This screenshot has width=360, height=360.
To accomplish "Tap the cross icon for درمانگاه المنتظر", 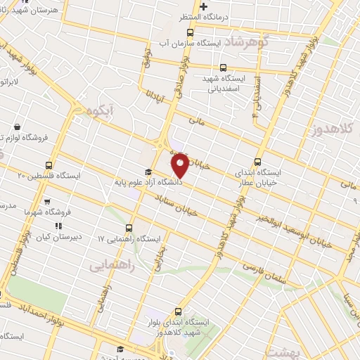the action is click(x=204, y=8).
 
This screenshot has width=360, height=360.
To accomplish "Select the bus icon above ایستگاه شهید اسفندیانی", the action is click(x=223, y=68).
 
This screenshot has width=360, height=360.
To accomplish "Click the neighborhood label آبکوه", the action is click(x=101, y=110).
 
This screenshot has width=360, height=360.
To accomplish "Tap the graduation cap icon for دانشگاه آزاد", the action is click(x=148, y=172).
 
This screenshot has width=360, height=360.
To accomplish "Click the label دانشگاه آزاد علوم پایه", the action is click(x=150, y=182).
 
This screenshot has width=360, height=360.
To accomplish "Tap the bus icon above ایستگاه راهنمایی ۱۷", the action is click(x=129, y=228).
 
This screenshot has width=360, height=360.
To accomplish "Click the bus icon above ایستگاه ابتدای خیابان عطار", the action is click(x=258, y=161).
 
